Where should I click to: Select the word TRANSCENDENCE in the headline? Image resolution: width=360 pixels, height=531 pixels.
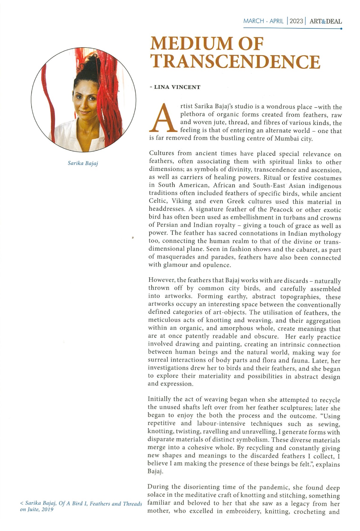click(x=236, y=61)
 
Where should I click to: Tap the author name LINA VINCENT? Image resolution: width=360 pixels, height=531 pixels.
click(x=177, y=87)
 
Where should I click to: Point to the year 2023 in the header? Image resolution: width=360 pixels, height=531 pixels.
click(x=296, y=21)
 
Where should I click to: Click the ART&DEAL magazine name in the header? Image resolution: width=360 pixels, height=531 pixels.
click(x=326, y=21)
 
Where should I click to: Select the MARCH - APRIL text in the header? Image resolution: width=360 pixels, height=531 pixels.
click(x=263, y=21)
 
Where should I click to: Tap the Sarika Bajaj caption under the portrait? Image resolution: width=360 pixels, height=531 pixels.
click(x=83, y=163)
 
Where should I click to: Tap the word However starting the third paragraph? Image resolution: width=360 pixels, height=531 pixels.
click(x=161, y=280)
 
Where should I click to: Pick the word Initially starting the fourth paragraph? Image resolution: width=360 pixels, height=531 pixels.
click(x=159, y=399)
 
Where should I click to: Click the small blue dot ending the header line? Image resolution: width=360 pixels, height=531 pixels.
click(x=341, y=28)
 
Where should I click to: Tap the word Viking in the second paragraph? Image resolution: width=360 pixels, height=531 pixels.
click(x=181, y=201)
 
